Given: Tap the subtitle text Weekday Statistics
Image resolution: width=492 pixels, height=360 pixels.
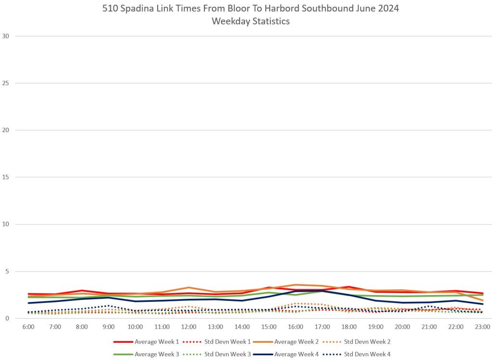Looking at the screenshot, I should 250,21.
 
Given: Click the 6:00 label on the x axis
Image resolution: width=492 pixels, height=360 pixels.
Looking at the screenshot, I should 28,327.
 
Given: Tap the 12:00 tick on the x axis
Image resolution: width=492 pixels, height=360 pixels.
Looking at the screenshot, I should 189,327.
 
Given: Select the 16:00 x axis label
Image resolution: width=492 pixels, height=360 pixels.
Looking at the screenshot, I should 295,327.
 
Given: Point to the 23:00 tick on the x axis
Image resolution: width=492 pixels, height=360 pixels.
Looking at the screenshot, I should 482,327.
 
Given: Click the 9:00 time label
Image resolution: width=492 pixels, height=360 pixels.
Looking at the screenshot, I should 109,327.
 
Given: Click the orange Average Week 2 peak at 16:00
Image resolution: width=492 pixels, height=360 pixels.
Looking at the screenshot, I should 295,285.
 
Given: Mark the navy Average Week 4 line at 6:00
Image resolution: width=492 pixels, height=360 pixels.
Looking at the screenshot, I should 28,303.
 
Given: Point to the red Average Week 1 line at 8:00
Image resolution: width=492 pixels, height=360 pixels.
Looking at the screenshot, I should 82,290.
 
